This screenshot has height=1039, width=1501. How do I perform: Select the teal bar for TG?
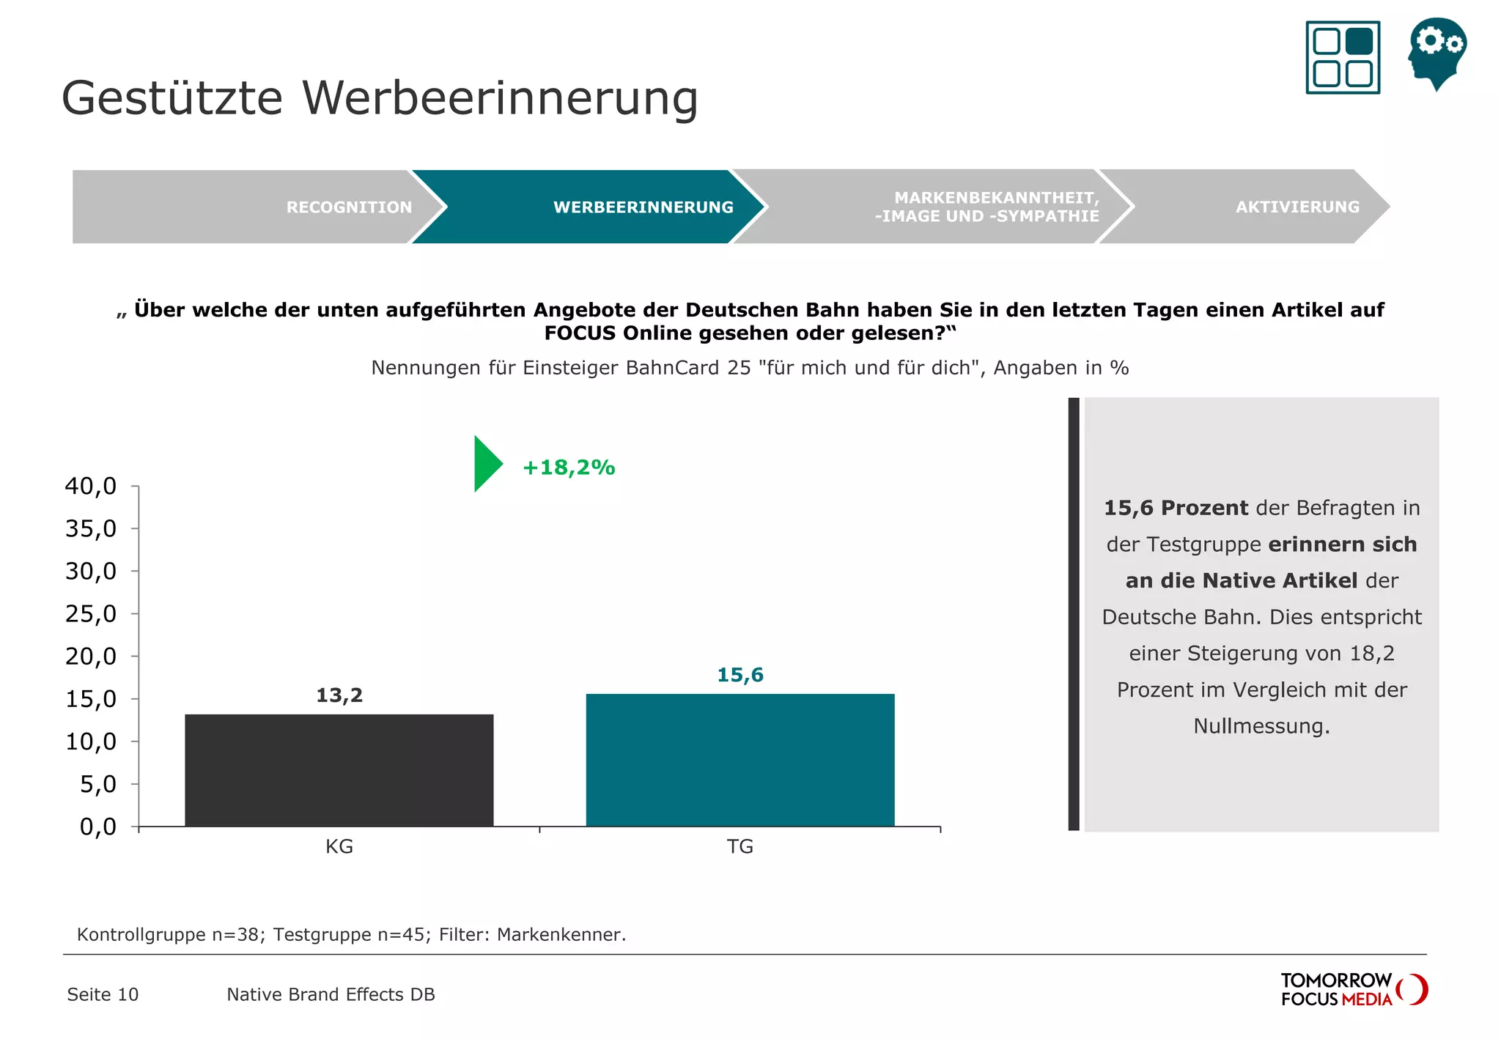[x=740, y=760]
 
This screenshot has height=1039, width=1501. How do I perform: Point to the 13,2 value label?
[x=339, y=695]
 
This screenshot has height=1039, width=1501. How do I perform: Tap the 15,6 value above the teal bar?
[x=740, y=675]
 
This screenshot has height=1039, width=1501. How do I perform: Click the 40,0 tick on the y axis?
[x=91, y=486]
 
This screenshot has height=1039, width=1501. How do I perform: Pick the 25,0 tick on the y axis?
[x=91, y=613]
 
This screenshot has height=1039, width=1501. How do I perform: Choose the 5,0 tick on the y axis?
[x=97, y=784]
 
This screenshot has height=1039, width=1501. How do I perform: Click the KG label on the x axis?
[x=339, y=846]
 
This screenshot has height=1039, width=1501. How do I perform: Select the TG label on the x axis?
[x=740, y=846]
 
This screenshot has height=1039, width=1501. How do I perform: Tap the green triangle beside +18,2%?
[x=486, y=464]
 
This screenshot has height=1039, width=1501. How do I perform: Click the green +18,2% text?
[x=568, y=467]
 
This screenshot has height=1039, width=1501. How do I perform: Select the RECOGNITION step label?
[x=349, y=207]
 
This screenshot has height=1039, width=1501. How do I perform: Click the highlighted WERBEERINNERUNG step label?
[x=643, y=207]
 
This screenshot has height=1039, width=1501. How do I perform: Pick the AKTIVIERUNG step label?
[x=1297, y=207]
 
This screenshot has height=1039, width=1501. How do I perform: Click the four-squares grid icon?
[x=1343, y=57]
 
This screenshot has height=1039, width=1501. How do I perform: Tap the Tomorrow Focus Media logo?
[x=1353, y=989]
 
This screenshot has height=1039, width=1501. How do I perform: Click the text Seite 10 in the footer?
[x=103, y=994]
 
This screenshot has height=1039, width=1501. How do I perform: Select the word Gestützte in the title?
[x=172, y=98]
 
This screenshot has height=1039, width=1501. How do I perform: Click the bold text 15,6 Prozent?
[x=1176, y=508]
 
